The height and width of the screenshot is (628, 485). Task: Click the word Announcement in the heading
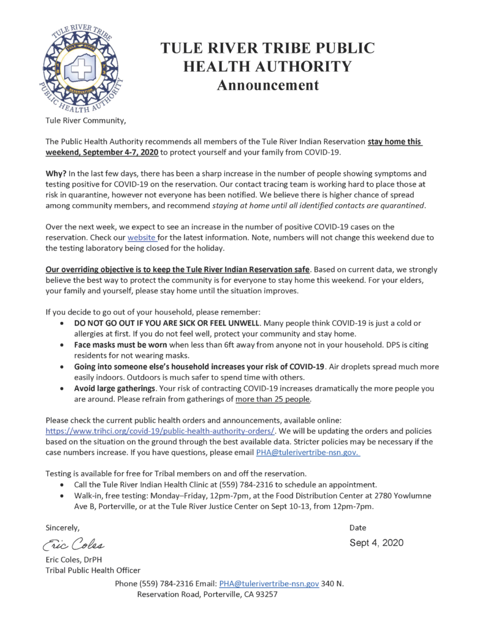[268, 85]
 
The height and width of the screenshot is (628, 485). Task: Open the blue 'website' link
[142, 238]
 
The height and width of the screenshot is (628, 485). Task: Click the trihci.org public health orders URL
[161, 431]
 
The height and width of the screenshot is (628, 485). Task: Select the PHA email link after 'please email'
[307, 453]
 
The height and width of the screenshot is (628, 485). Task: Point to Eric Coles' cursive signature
[74, 543]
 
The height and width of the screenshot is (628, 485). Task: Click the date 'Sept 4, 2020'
[376, 543]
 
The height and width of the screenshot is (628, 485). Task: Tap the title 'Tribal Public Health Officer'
[93, 570]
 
